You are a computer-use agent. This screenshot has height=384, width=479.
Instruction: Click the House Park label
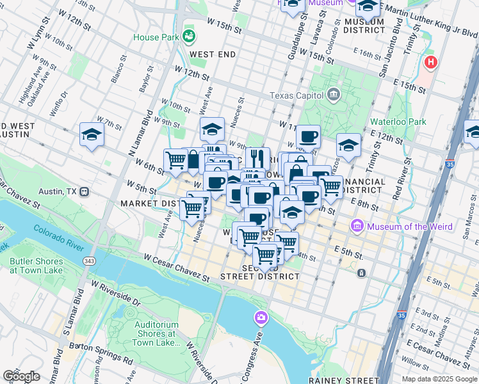pyautogui.click(x=156, y=37)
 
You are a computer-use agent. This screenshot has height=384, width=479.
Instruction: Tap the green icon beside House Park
pyautogui.click(x=188, y=35)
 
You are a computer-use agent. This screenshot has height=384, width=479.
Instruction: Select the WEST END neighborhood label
pyautogui.click(x=213, y=55)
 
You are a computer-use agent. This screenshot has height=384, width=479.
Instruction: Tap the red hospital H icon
pyautogui.click(x=432, y=63)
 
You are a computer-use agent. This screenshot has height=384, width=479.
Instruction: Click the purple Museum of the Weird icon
pyautogui.click(x=357, y=226)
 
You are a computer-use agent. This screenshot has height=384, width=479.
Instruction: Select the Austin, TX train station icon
pyautogui.click(x=85, y=191)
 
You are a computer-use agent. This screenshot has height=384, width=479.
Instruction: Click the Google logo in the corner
pyautogui.click(x=21, y=376)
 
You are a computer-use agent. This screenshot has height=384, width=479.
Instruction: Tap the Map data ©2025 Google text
pyautogui.click(x=439, y=379)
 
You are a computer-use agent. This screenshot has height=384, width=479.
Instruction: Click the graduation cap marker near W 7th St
pyautogui.click(x=92, y=135)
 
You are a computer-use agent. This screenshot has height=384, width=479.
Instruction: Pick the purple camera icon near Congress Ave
pyautogui.click(x=261, y=317)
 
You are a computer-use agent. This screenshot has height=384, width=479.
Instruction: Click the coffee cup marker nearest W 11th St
pyautogui.click(x=308, y=136)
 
